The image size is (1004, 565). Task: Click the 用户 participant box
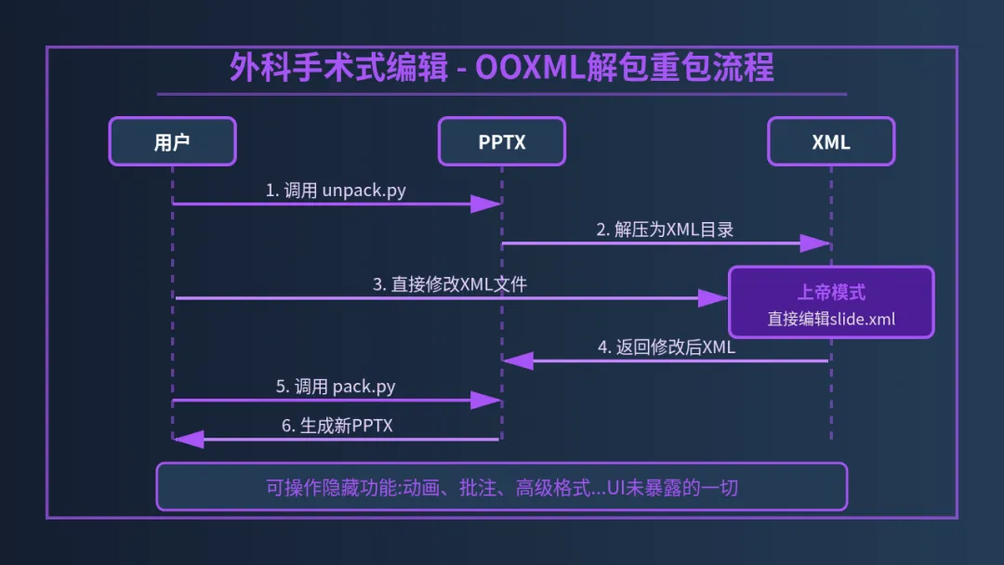click(x=172, y=141)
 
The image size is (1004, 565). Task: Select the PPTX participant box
click(x=502, y=141)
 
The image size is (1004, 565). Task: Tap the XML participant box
click(x=831, y=141)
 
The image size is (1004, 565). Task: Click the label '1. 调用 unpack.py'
click(x=336, y=191)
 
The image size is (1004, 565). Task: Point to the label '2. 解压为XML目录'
click(x=665, y=230)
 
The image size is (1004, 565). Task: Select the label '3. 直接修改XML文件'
click(x=450, y=284)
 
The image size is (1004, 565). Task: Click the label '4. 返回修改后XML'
click(x=666, y=348)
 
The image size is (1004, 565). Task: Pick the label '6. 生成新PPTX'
click(x=337, y=426)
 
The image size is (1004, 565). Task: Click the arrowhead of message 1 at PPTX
click(x=486, y=204)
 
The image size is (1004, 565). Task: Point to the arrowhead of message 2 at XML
click(x=815, y=243)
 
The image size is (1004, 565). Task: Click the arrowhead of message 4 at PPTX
click(x=518, y=361)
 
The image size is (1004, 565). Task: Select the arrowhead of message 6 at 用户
click(x=189, y=439)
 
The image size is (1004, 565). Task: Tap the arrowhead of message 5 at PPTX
click(x=486, y=401)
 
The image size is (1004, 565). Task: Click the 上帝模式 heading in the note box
click(x=831, y=292)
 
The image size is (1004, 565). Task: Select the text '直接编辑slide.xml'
click(x=831, y=319)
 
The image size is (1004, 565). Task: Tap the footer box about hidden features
click(x=502, y=487)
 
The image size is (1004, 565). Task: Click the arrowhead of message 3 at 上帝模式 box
click(x=713, y=298)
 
